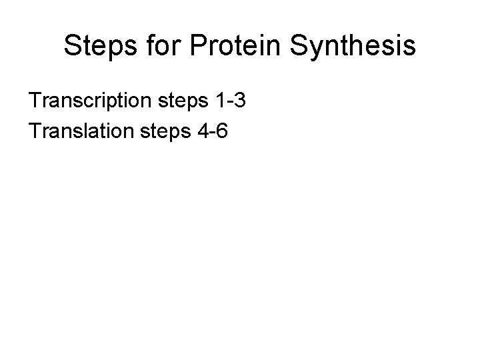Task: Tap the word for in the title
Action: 164,47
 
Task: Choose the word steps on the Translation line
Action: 169,132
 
